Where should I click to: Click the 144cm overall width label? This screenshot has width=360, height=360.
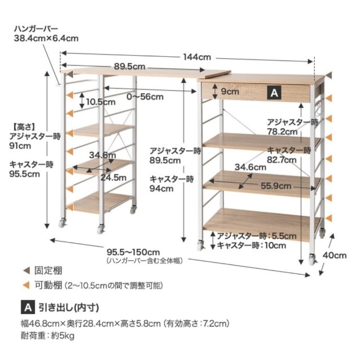197,57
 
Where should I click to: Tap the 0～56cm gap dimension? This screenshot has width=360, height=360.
145,97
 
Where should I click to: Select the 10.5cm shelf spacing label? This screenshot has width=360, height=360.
101,102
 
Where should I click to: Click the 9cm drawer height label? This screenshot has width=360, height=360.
230,92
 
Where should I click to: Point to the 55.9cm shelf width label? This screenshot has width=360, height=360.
276,186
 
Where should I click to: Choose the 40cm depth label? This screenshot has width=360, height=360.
335,255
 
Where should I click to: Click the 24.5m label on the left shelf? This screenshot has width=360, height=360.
114,178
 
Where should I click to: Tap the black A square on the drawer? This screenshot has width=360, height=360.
274,93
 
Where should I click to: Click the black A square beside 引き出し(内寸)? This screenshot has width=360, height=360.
28,307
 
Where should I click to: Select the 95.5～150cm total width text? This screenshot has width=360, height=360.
133,253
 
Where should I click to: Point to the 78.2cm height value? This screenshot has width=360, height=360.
282,132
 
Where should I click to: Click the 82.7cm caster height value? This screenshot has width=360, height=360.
281,160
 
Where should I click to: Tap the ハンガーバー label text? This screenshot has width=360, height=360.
36,29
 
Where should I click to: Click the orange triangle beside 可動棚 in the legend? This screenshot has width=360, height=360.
26,285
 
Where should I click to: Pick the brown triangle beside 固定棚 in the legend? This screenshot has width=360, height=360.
26,271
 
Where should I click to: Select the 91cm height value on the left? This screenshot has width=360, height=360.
20,146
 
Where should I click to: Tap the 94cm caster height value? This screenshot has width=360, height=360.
161,188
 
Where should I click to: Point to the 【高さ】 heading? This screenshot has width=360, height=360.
24,127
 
